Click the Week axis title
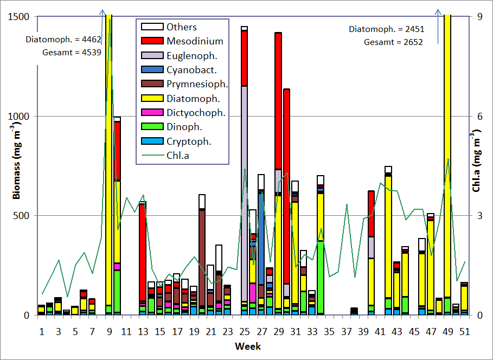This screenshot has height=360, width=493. click(x=248, y=346)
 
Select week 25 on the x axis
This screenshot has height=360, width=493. click(x=244, y=331)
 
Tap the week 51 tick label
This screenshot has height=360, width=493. click(x=464, y=331)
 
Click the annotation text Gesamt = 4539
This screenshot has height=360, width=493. click(x=71, y=53)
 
